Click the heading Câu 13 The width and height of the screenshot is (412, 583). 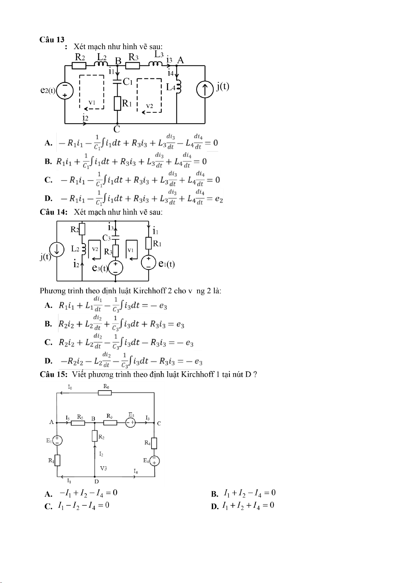(52, 39)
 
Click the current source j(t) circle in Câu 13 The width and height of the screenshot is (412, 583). (205, 90)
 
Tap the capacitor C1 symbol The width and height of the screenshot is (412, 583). (117, 82)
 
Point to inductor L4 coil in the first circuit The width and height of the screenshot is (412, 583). (178, 86)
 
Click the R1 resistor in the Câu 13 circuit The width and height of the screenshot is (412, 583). (117, 103)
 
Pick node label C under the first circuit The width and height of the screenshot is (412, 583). (117, 129)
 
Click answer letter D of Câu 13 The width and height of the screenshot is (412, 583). (48, 198)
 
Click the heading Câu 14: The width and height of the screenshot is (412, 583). (53, 212)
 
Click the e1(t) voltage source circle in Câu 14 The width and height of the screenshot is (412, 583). (149, 262)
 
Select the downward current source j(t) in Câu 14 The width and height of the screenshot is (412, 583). (57, 249)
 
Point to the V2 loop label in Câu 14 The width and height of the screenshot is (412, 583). (95, 249)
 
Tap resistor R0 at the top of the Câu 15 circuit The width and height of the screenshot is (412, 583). (105, 393)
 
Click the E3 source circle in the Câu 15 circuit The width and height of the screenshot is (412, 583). (131, 423)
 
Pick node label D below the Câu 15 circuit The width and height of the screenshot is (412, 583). (97, 482)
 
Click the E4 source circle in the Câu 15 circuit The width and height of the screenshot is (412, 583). (155, 461)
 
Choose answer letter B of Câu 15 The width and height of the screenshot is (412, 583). (214, 494)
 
